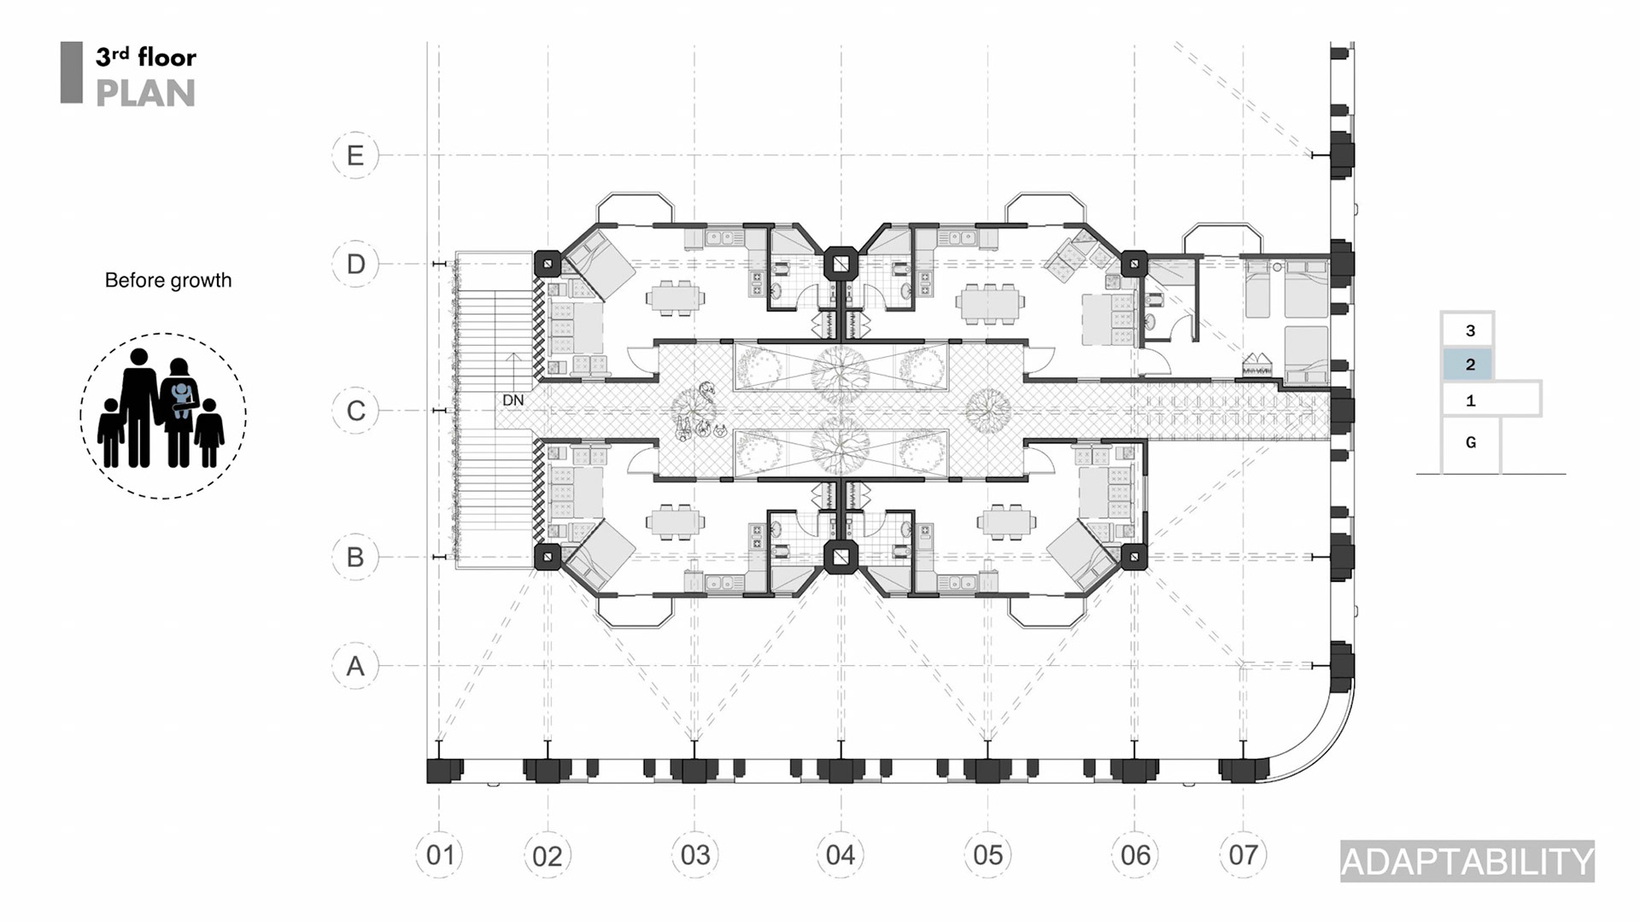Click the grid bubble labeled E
click(x=355, y=155)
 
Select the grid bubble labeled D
click(x=355, y=264)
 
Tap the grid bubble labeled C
click(x=355, y=411)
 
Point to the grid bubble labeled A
click(x=355, y=666)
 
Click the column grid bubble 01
click(x=440, y=855)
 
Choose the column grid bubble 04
click(x=840, y=855)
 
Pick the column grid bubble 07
click(x=1243, y=855)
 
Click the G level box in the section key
click(x=1470, y=443)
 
